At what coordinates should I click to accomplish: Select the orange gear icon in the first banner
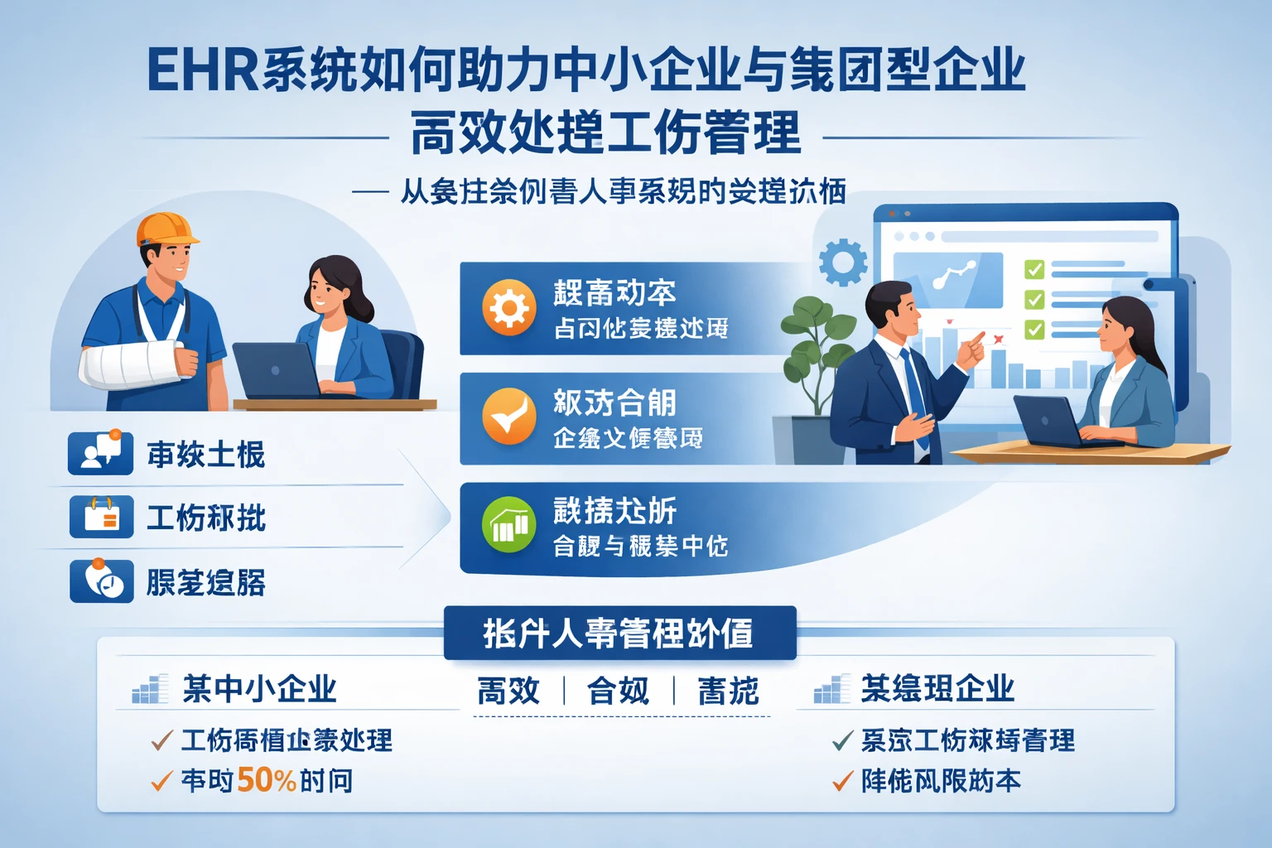(508, 308)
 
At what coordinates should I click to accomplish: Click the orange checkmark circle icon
(508, 417)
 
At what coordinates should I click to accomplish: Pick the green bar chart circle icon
(508, 525)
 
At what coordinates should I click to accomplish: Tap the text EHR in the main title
(203, 70)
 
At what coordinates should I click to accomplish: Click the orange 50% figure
(266, 780)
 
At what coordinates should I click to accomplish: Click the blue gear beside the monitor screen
(842, 262)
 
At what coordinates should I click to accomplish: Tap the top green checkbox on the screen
(1034, 269)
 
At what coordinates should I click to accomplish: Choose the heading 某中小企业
(259, 689)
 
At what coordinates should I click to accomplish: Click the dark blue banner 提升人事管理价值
(619, 634)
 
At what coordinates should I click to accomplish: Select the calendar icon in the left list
(101, 517)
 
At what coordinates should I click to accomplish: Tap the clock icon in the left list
(101, 581)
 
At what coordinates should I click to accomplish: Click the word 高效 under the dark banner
(508, 691)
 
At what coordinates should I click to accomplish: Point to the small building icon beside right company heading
(831, 689)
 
